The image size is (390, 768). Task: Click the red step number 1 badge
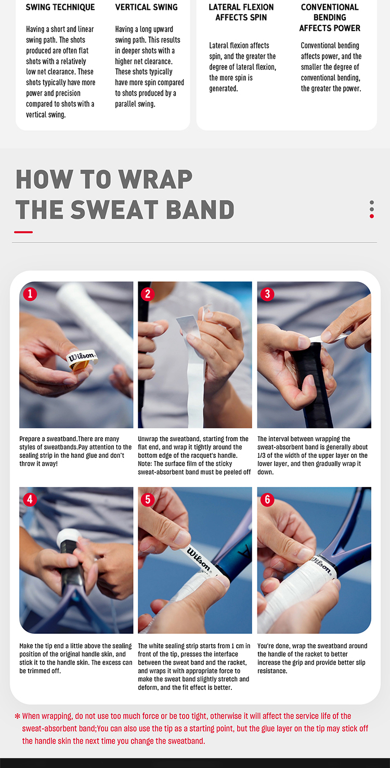(x=30, y=294)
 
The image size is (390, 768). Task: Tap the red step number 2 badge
(x=148, y=294)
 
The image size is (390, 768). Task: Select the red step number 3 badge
(x=267, y=294)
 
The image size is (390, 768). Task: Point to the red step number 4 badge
(x=30, y=499)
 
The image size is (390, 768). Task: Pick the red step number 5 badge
(x=148, y=499)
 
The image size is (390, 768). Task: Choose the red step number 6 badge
(x=267, y=499)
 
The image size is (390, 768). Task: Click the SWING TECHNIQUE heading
(x=60, y=7)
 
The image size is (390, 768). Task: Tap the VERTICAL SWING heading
(x=146, y=7)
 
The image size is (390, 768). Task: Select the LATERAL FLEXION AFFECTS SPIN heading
(x=241, y=12)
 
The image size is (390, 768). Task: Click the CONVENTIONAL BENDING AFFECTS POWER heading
(x=330, y=18)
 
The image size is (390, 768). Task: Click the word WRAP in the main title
(x=155, y=180)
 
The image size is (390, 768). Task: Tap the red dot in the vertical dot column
(x=371, y=216)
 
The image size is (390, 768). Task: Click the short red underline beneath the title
(x=23, y=232)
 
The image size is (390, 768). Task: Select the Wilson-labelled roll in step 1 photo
(x=82, y=360)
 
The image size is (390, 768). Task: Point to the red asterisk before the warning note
(x=18, y=716)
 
